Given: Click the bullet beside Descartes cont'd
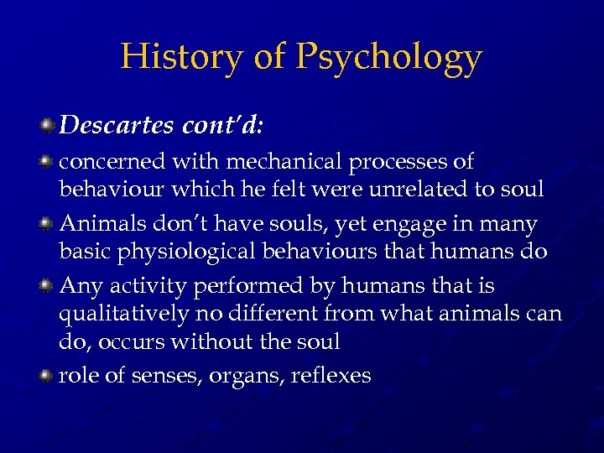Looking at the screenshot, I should point(48,126).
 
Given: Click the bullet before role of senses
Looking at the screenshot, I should point(48,376).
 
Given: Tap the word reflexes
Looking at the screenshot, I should point(331,376).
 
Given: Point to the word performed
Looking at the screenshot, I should point(245,287).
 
